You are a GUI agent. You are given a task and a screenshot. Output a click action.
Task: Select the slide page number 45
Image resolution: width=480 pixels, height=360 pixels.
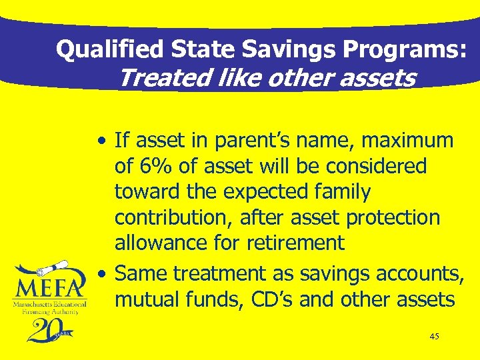(434, 337)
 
